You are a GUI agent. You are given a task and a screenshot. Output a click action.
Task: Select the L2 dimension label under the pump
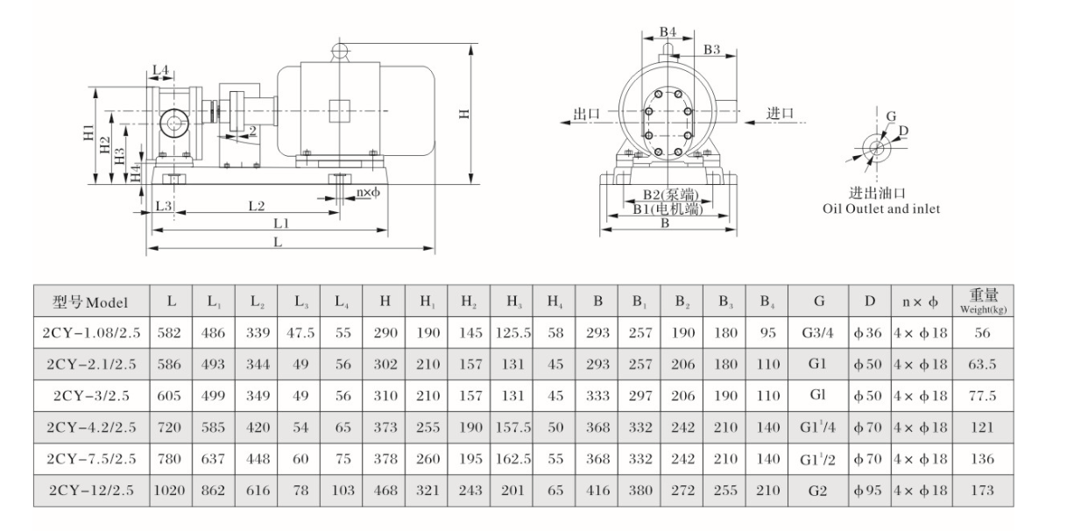coord(256,207)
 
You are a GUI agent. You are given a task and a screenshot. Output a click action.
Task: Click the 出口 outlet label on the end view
coord(585,113)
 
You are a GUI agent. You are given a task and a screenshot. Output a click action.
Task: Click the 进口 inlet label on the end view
coord(780,113)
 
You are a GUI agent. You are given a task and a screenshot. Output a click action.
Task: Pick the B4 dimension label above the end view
coord(668,32)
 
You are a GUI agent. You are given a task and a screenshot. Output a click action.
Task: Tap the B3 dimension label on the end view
coord(712,51)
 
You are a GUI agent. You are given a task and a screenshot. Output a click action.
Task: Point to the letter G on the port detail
coord(891,117)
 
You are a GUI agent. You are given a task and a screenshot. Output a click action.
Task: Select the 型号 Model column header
coord(91,302)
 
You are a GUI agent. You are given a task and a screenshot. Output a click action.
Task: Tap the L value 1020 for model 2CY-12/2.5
coord(171,492)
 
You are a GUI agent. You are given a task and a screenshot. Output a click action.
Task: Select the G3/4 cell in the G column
coord(817,333)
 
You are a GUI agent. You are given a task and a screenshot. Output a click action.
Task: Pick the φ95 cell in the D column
coord(869,492)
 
